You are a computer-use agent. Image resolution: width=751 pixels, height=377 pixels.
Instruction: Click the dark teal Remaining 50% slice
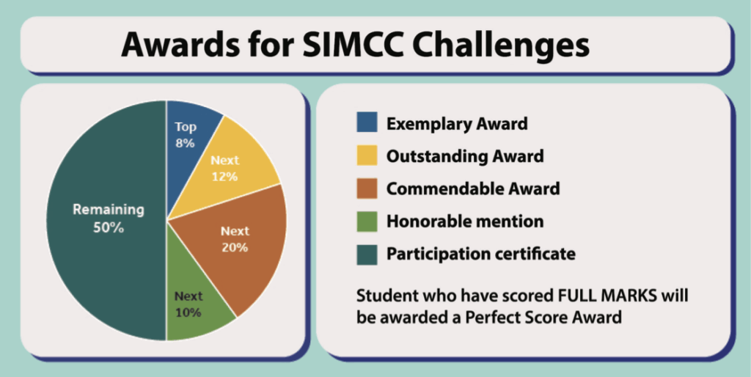(108, 220)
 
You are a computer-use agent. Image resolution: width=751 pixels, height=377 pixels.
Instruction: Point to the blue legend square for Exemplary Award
(367, 122)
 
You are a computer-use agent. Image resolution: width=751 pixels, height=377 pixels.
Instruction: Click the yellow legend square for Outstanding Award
(367, 155)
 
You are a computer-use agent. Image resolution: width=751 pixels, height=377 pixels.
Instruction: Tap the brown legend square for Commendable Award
(367, 188)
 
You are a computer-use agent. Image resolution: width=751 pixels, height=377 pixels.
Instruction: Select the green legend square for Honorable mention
(367, 222)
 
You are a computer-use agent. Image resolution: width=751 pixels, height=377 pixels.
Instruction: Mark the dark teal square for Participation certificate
(367, 255)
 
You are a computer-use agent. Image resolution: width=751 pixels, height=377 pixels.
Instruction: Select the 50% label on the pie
(109, 228)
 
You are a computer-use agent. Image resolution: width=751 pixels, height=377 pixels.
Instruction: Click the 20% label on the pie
(235, 248)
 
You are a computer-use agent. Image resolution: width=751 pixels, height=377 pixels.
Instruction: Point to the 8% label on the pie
(186, 143)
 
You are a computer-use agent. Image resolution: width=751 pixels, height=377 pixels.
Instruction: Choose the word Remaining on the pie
(109, 210)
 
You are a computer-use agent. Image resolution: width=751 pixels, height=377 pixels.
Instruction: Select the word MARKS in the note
(628, 295)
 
